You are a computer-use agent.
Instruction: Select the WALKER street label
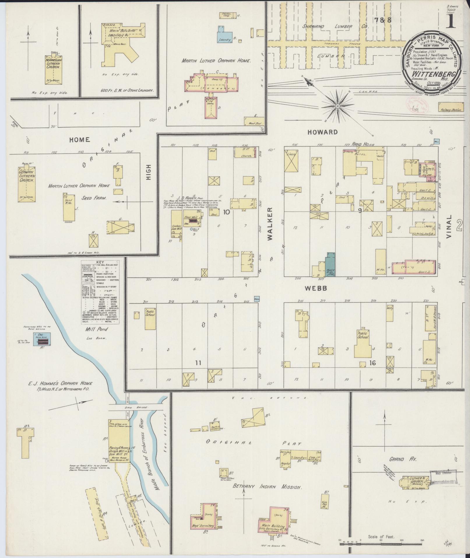click(270, 224)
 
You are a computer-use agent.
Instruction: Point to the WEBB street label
click(316, 288)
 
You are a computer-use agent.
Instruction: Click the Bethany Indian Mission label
click(267, 487)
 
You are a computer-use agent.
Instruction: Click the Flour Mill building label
click(190, 217)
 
